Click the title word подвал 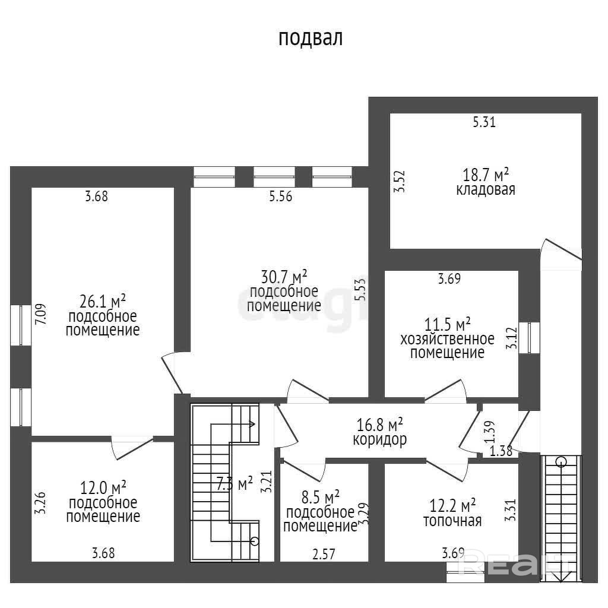(x=311, y=39)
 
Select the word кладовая (x=486, y=190)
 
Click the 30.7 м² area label (x=284, y=277)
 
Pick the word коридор (x=379, y=441)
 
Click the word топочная (x=452, y=521)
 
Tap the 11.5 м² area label (x=447, y=325)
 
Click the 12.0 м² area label (x=103, y=488)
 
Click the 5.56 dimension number (x=280, y=197)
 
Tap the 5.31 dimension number (x=484, y=123)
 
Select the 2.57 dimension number (x=324, y=554)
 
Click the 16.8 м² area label (x=379, y=425)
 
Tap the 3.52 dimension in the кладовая (x=401, y=181)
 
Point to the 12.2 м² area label (x=452, y=506)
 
